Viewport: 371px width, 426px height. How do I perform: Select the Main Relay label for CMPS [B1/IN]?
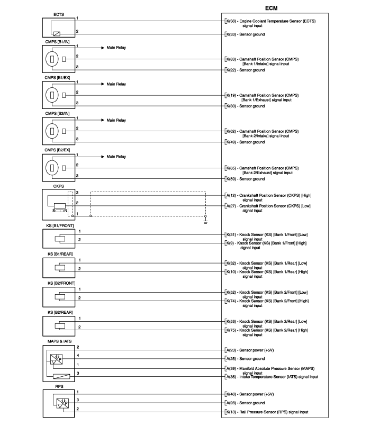[x=116, y=48]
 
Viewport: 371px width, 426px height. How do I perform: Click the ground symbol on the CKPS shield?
[x=205, y=221]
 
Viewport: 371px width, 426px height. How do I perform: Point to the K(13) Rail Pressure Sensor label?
[x=267, y=412]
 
